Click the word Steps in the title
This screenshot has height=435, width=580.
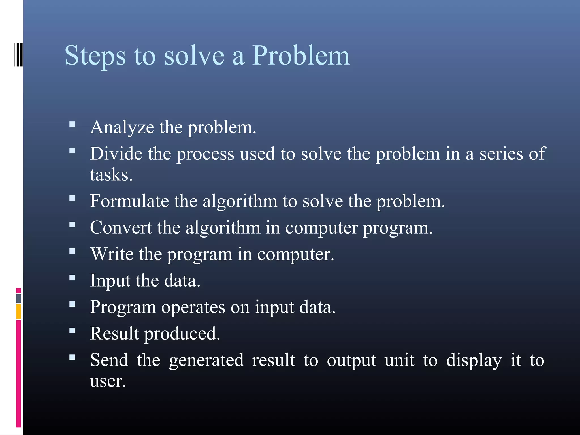click(x=95, y=56)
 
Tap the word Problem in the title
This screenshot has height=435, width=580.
click(x=301, y=56)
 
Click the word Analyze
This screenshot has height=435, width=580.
click(x=122, y=127)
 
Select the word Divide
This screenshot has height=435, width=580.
click(x=116, y=154)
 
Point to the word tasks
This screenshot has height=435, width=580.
click(x=111, y=174)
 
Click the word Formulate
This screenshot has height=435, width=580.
click(x=129, y=201)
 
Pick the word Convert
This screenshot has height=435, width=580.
click(x=121, y=227)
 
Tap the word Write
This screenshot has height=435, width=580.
click(x=112, y=254)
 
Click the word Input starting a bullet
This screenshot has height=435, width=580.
click(x=110, y=281)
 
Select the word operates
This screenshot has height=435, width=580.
click(x=193, y=307)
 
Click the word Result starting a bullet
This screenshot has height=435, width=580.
click(x=114, y=333)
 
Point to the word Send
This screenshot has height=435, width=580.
click(x=109, y=360)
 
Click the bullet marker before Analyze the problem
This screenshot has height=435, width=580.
click(x=72, y=124)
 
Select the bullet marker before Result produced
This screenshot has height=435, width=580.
click(x=72, y=330)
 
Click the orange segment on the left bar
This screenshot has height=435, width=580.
click(x=18, y=312)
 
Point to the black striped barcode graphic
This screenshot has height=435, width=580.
click(x=18, y=55)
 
